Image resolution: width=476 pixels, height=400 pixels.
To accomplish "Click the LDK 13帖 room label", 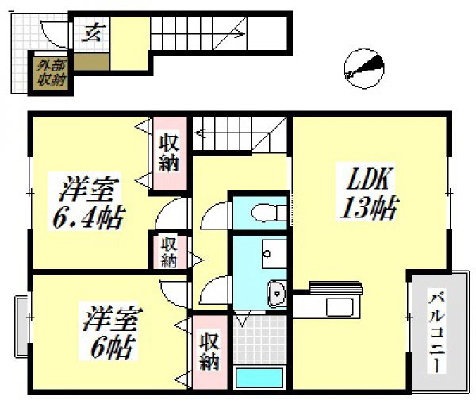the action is pos(368,192).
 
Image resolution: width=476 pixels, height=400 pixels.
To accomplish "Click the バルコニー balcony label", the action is pos(436,331).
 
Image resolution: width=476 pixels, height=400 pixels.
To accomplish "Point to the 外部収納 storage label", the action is pos(51,73).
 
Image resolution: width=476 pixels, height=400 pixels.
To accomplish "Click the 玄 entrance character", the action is pos(93,33).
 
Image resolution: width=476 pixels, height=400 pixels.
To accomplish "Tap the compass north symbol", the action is pos(364,68).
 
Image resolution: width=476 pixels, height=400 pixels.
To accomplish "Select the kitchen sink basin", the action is pos(340,307).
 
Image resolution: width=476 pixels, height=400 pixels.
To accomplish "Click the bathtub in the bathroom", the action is pos(260,378).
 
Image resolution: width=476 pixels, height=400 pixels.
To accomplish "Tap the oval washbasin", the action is pos(276,294).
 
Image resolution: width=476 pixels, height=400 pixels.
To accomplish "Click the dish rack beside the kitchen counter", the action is pos(336,288).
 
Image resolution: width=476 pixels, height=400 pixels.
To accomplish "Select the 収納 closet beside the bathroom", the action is pos(209,352).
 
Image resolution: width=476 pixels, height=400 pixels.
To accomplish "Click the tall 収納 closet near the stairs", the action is pos(169,154).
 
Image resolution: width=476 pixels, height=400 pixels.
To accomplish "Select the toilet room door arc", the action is pos(213,213).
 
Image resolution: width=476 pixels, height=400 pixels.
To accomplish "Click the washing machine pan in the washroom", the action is pos(260,340).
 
